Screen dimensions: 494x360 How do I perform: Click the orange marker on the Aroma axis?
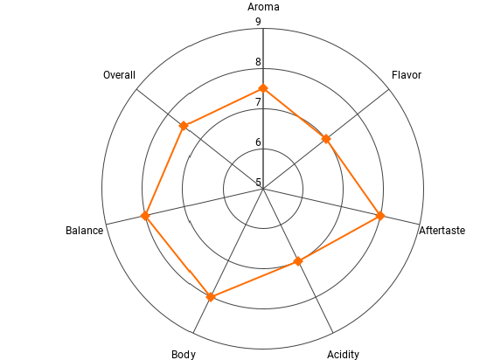point(263,88)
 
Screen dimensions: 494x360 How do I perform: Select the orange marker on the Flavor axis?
point(326,139)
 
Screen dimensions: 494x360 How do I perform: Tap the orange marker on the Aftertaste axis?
point(380,216)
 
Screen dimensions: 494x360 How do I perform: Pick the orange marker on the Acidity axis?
point(298,261)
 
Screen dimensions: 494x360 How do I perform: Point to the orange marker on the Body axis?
point(211,297)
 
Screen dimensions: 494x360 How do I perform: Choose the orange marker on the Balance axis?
point(145,216)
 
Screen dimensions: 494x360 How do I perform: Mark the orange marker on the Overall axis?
point(184,126)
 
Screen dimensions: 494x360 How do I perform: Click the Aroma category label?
point(263,7)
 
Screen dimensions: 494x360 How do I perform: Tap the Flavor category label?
point(407,75)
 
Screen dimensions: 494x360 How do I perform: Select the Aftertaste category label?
point(442,231)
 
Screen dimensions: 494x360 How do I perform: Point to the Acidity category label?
point(343,355)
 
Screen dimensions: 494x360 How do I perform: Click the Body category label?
point(184,355)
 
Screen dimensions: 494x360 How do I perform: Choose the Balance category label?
point(85,231)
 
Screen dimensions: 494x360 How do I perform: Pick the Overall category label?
point(119,75)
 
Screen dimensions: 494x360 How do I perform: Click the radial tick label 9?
point(258,22)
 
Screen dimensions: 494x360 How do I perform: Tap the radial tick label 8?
point(258,62)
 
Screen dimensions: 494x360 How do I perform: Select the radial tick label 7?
point(258,102)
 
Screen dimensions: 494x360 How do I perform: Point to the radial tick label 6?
point(258,142)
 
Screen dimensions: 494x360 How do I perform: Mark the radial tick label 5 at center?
point(258,183)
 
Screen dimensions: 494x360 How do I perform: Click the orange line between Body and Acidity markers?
point(254,279)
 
